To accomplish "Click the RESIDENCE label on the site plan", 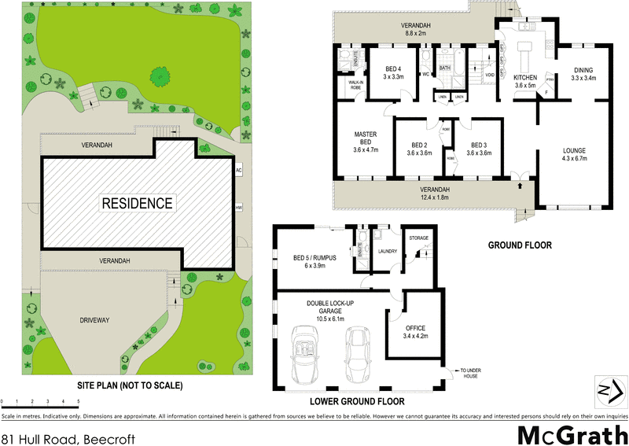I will pyautogui.click(x=136, y=203).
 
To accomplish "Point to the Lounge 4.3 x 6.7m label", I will pyautogui.click(x=575, y=154).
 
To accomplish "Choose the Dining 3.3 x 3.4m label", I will pyautogui.click(x=583, y=73).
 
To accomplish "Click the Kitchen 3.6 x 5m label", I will pyautogui.click(x=524, y=82).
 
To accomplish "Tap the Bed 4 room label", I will pyautogui.click(x=392, y=72).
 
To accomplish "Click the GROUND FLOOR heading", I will pyautogui.click(x=520, y=245).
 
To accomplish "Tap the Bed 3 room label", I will pyautogui.click(x=480, y=149).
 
